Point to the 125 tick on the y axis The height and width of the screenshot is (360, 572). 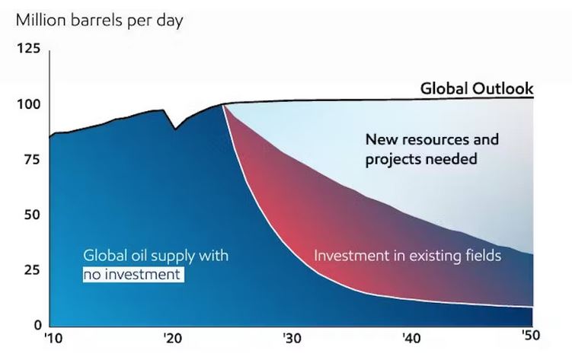pyautogui.click(x=28, y=50)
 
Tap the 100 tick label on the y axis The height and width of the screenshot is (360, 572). pyautogui.click(x=28, y=105)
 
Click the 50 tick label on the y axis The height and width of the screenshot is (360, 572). pyautogui.click(x=31, y=215)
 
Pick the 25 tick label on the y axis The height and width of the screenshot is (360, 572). pyautogui.click(x=31, y=270)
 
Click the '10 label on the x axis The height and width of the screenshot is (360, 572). pyautogui.click(x=53, y=339)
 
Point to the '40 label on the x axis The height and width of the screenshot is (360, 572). pyautogui.click(x=411, y=339)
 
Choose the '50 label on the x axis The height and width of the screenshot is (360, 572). pyautogui.click(x=530, y=339)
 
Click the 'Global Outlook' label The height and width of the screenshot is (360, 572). pyautogui.click(x=477, y=89)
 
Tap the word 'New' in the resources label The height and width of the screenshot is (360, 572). pyautogui.click(x=381, y=140)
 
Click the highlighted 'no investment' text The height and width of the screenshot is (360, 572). pyautogui.click(x=133, y=273)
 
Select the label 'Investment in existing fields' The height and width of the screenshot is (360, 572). pyautogui.click(x=407, y=256)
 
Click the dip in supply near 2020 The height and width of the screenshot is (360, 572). pyautogui.click(x=175, y=129)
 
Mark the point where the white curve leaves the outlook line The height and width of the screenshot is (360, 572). pyautogui.click(x=223, y=104)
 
